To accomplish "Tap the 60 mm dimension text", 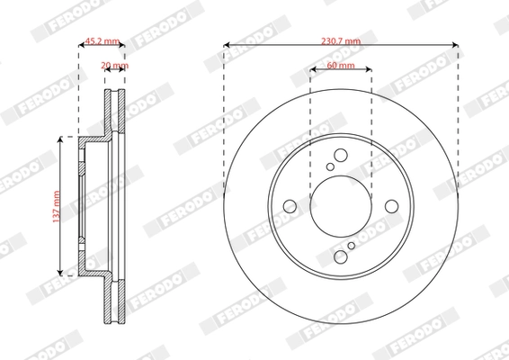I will click(x=340, y=67).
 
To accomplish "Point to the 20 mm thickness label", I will click(x=114, y=67).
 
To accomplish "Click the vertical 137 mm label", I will click(x=55, y=205).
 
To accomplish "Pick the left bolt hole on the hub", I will click(x=290, y=207).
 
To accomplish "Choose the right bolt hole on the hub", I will click(x=392, y=207).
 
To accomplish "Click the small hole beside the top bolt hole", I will click(x=330, y=166).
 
